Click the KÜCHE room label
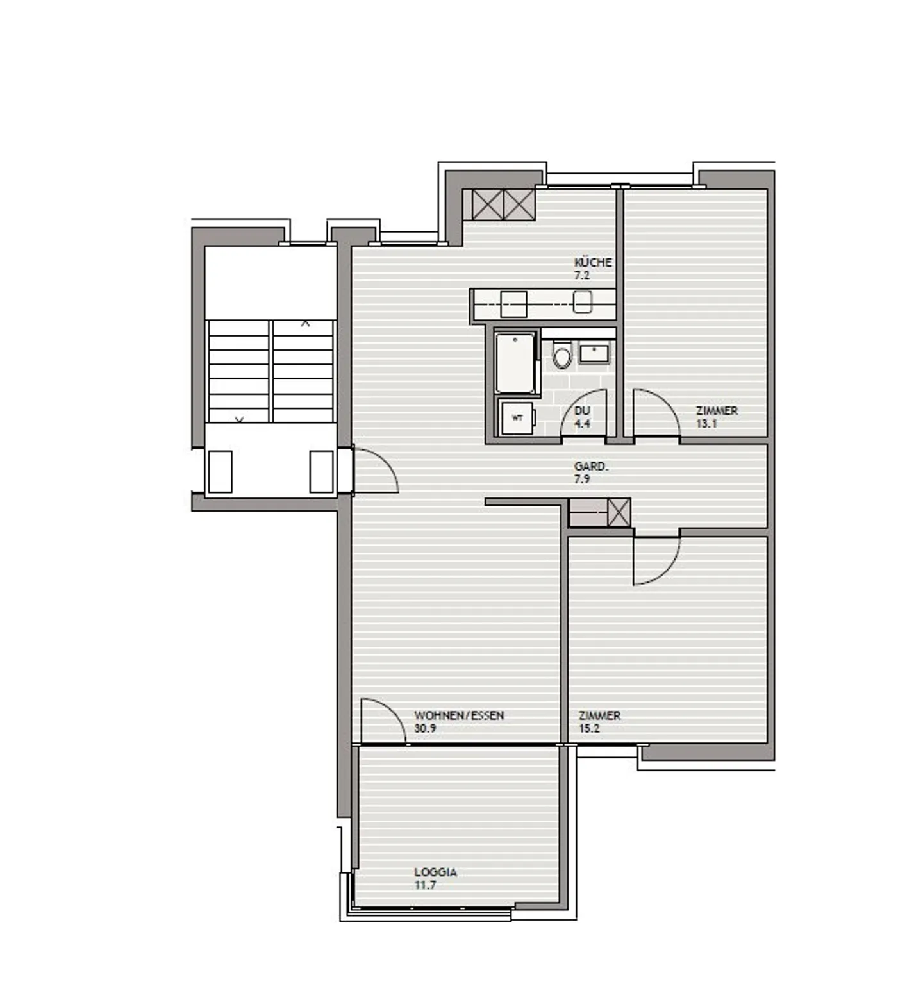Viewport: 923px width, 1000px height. (x=592, y=262)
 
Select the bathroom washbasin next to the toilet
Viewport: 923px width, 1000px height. (x=595, y=353)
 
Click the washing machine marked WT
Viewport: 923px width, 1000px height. (x=517, y=418)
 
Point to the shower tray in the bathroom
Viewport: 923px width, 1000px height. (x=515, y=362)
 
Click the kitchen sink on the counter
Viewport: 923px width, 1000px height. (x=582, y=302)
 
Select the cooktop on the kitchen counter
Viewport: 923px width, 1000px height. (x=513, y=304)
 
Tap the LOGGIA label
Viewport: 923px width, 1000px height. (x=435, y=872)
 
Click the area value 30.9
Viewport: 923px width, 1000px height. (x=425, y=728)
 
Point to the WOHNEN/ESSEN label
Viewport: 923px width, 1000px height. (x=459, y=715)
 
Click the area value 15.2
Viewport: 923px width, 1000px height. (x=589, y=728)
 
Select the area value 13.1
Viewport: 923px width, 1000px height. (x=706, y=424)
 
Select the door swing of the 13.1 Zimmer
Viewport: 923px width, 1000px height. (x=655, y=413)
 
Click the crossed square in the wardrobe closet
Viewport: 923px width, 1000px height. (x=619, y=513)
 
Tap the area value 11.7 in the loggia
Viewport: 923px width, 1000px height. (x=425, y=885)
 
